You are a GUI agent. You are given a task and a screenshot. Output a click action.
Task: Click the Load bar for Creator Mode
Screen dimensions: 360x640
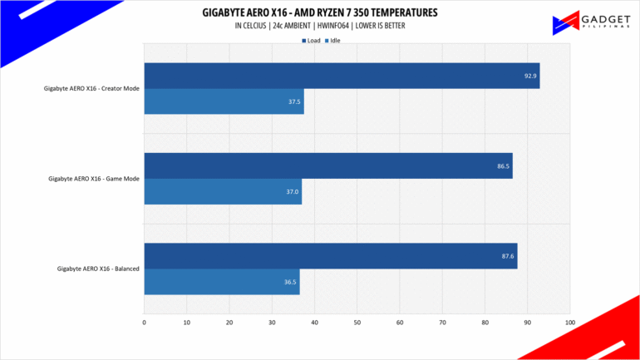click(x=342, y=76)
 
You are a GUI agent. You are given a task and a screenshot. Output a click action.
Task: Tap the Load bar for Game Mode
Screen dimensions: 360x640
click(x=328, y=165)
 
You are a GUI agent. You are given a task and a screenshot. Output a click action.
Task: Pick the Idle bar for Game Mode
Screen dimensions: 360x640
click(x=223, y=191)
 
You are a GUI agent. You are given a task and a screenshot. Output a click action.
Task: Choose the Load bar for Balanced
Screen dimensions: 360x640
click(x=331, y=255)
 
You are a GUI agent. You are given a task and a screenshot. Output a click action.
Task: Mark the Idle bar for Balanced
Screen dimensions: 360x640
click(x=221, y=281)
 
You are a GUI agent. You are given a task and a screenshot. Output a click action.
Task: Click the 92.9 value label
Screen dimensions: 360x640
click(x=529, y=76)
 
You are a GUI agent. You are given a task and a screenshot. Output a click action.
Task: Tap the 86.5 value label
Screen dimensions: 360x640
click(x=503, y=165)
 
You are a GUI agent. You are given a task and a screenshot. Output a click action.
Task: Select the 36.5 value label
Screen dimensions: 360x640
click(x=289, y=281)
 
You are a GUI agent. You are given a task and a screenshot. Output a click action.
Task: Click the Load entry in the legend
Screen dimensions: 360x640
click(x=312, y=39)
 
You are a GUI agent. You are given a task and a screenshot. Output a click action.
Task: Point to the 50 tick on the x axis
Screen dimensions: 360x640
click(x=357, y=322)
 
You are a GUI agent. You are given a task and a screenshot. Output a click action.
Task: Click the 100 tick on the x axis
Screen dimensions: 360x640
click(x=569, y=322)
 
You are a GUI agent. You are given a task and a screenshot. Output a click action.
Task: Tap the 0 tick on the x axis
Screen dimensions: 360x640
click(x=145, y=322)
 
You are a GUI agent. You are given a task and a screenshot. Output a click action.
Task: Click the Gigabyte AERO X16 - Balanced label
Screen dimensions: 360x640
click(x=98, y=269)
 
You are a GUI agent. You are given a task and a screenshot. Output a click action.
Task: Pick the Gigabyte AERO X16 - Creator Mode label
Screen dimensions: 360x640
click(x=91, y=89)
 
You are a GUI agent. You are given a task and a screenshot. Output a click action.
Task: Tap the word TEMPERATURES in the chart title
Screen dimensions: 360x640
click(x=391, y=13)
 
